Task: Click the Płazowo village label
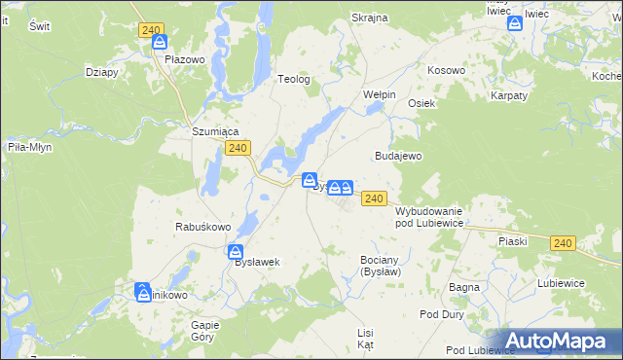[184, 59]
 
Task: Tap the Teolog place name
[294, 80]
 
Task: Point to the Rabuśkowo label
[202, 227]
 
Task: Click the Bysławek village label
[257, 263]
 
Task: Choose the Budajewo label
[397, 156]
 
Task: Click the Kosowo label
[447, 71]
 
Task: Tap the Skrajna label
[369, 18]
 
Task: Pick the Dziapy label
[101, 71]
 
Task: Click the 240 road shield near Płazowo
[150, 31]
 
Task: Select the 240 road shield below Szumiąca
[238, 148]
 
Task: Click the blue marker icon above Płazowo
[160, 44]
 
